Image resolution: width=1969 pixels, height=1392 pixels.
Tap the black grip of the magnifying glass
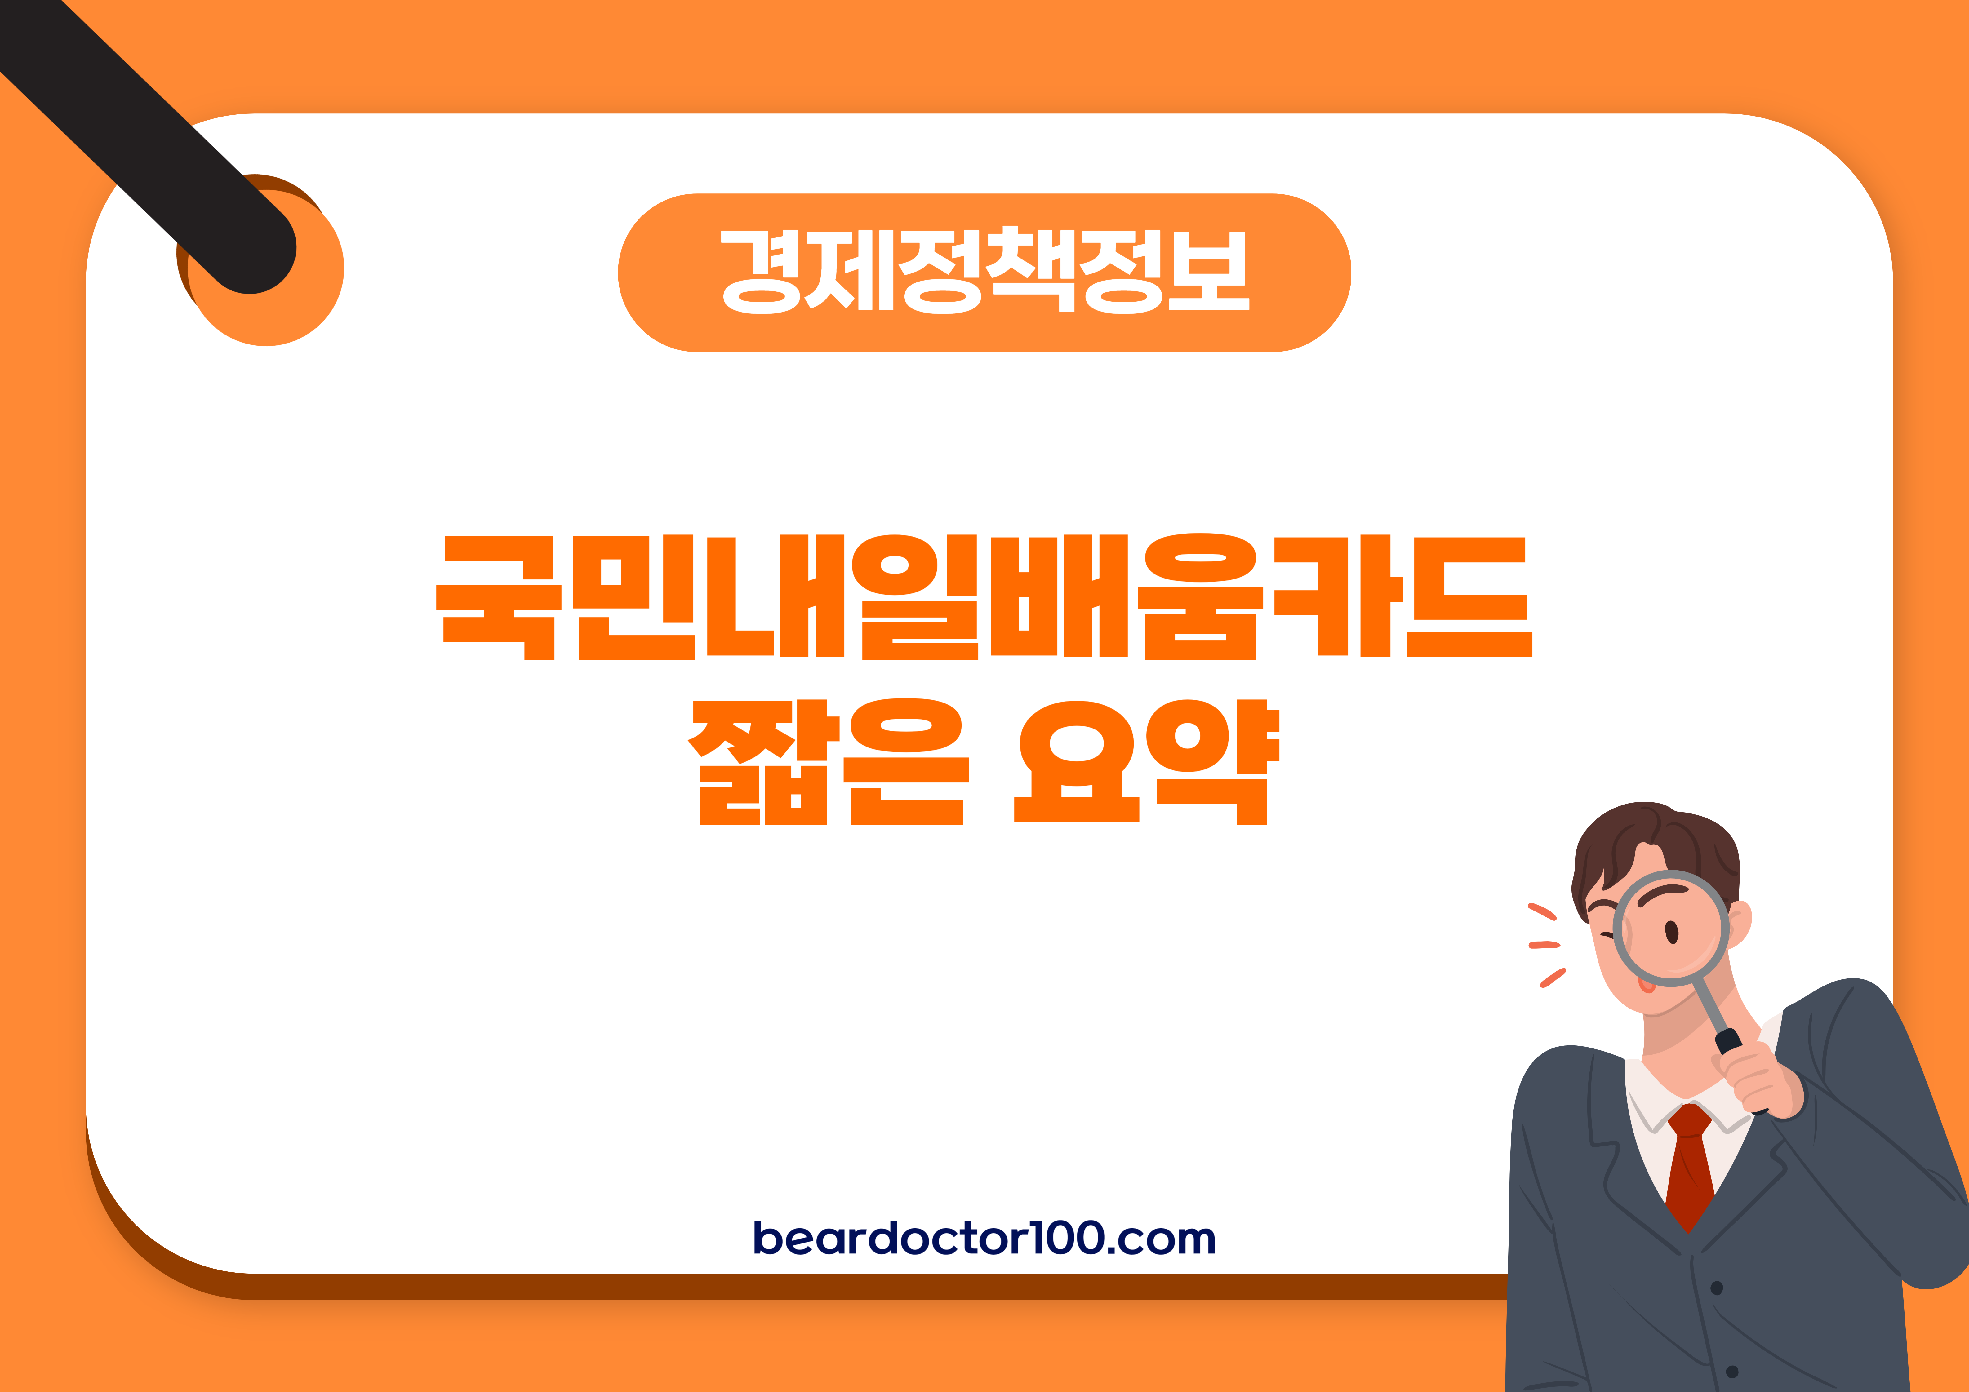pyautogui.click(x=1728, y=1042)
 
